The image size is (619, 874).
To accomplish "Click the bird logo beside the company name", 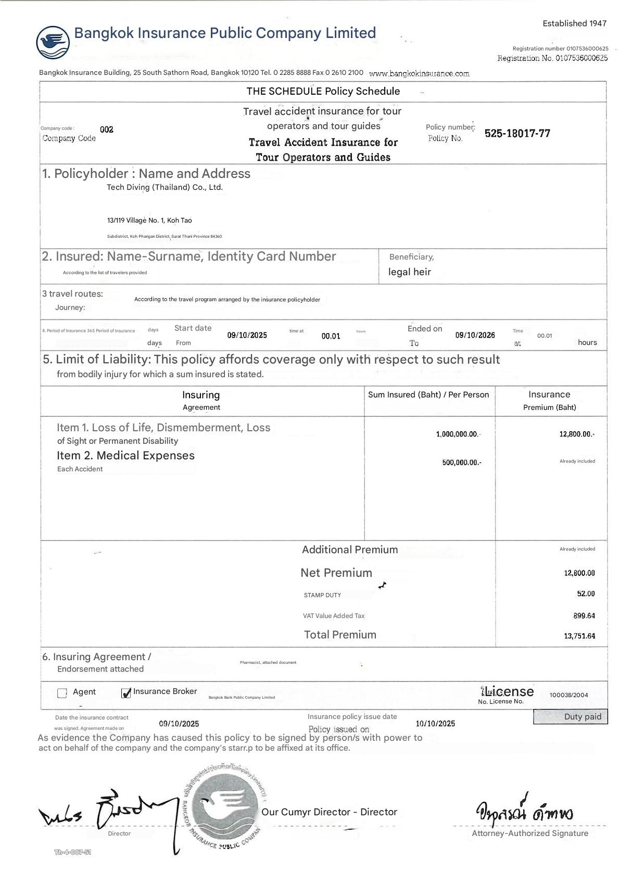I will coord(53,42).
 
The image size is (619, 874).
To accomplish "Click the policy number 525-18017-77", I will coord(517,133).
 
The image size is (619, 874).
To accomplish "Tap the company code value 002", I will coord(107,130).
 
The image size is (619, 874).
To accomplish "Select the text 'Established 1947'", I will coord(574,23).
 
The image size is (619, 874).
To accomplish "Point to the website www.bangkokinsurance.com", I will coord(419,73).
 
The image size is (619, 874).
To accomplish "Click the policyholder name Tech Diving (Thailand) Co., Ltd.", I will coord(165,187).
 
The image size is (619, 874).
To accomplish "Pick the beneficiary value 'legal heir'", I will coord(409,272).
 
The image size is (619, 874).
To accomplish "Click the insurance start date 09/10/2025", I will coord(247,336).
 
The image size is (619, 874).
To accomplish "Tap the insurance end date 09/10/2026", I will coord(475,336).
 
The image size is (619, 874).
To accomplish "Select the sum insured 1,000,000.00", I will coord(458,434).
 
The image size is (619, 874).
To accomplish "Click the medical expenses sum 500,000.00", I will coord(461,462).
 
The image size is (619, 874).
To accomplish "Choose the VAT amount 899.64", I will coord(584,616).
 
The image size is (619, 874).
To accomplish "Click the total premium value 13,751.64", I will coord(579,636).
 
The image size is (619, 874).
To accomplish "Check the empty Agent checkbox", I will coord(62,693).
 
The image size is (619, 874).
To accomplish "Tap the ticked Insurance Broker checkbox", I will coord(125,693).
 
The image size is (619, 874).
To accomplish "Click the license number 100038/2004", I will coord(569,695).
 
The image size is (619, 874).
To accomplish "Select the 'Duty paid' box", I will coord(570,717).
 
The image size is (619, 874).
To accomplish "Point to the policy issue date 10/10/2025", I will coord(435,724).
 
